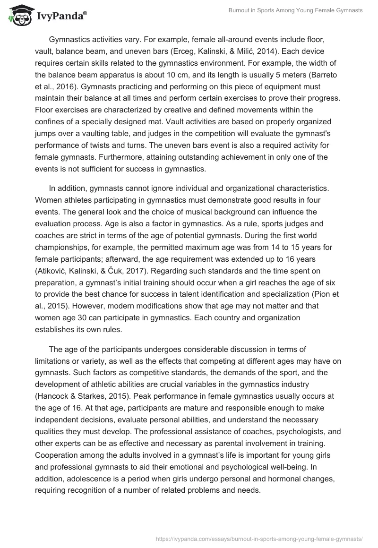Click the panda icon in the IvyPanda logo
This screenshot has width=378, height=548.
point(18,16)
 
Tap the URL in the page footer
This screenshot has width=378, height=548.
point(260,538)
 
